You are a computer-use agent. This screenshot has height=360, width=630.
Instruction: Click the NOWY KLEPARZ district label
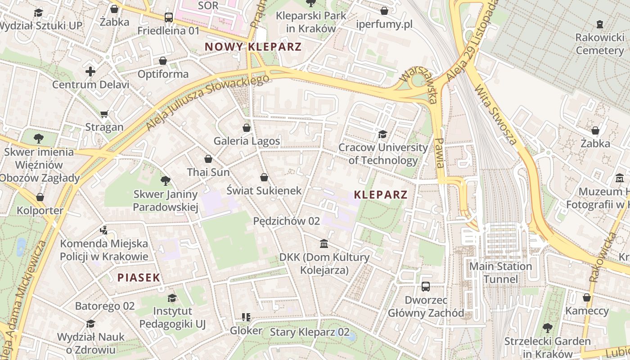(253, 46)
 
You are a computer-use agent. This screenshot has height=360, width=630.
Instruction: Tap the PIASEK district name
(139, 278)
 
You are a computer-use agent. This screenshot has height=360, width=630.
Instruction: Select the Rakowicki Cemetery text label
(599, 44)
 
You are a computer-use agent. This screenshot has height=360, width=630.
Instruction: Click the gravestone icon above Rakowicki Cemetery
(599, 24)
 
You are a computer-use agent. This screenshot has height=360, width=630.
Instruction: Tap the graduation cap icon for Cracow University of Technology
(382, 134)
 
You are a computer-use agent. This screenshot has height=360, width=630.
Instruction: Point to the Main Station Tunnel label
(500, 273)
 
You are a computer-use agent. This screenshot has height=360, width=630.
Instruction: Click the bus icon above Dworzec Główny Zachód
(426, 286)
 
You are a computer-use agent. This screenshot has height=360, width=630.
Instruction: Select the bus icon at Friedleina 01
(168, 18)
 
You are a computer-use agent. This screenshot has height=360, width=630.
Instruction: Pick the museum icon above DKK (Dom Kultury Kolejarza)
(324, 244)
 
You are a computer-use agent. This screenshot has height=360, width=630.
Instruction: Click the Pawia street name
(440, 153)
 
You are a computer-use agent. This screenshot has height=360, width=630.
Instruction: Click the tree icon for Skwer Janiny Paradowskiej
(166, 181)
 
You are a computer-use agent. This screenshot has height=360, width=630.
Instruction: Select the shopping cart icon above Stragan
(104, 114)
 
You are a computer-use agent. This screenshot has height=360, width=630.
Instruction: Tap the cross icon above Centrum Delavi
(90, 71)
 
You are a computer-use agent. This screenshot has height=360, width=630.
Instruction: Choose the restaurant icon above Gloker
(246, 317)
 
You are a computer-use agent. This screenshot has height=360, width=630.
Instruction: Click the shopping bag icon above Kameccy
(587, 297)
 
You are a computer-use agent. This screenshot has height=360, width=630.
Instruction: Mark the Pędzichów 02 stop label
(287, 221)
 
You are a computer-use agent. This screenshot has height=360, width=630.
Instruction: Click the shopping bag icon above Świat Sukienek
(264, 177)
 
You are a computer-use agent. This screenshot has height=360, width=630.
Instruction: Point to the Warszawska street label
(418, 85)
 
